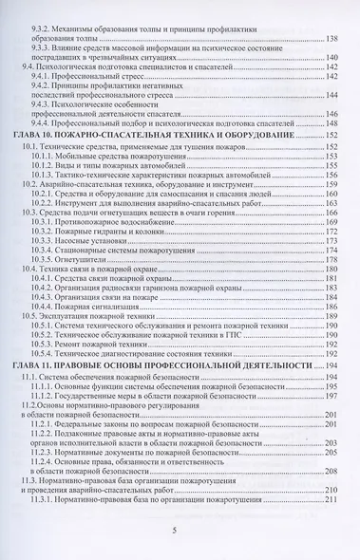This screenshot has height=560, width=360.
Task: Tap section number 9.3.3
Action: (x=46, y=48)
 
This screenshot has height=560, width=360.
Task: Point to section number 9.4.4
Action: (x=46, y=123)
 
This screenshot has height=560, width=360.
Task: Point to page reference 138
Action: (x=332, y=38)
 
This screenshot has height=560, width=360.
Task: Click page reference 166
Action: (x=332, y=215)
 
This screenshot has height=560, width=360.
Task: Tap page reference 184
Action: (x=332, y=308)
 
